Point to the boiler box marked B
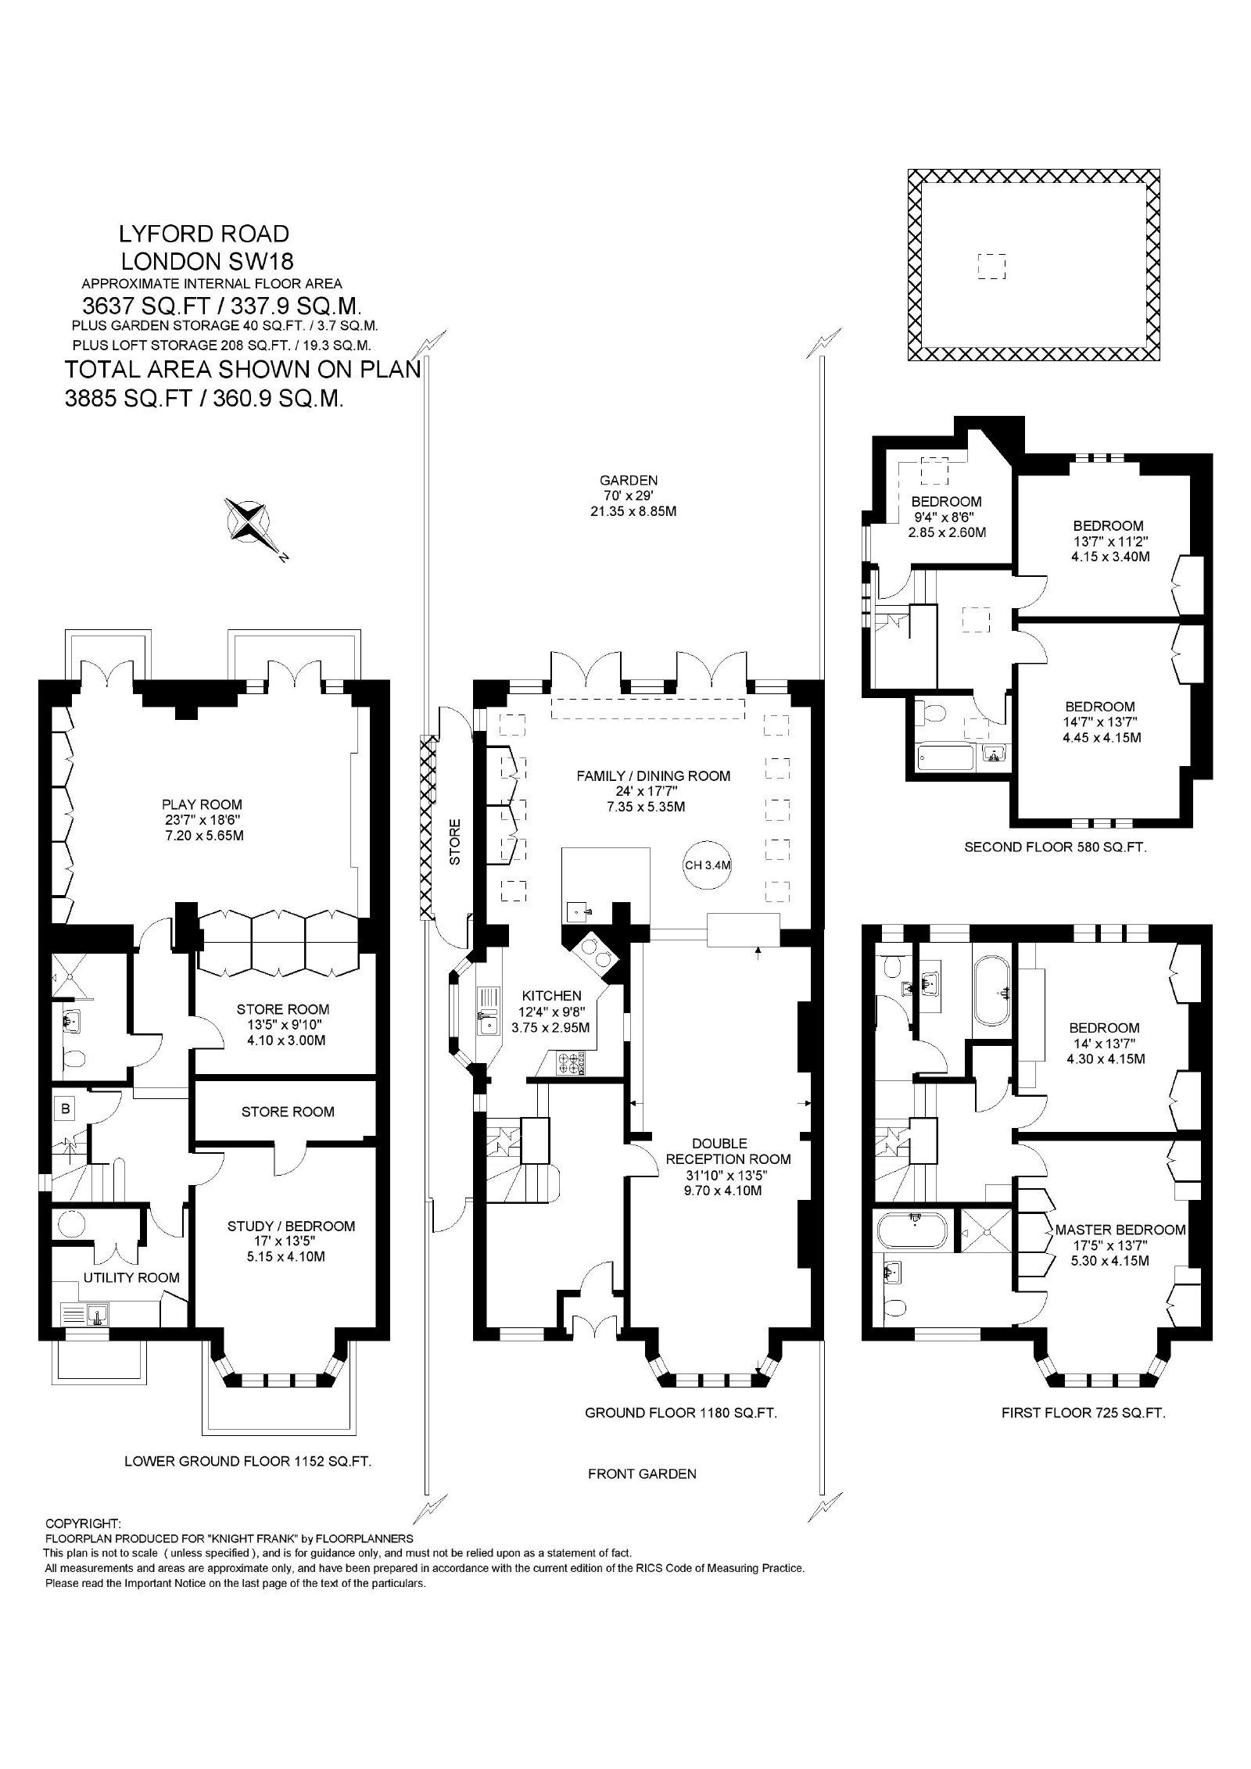coord(66,1107)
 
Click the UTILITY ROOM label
coord(131,1277)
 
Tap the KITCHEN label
coord(552,995)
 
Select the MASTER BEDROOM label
coord(1120,1230)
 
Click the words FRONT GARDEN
coord(642,1474)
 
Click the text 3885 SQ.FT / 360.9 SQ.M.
coord(204,399)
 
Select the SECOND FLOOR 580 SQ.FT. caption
coord(1056,847)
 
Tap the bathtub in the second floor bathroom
coord(947,757)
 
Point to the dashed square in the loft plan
coord(991,267)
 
